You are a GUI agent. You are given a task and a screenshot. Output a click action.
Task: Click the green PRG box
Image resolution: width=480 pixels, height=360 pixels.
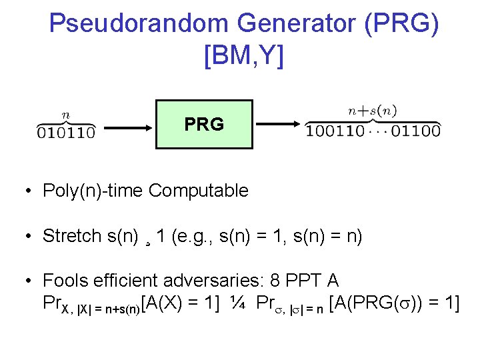204,124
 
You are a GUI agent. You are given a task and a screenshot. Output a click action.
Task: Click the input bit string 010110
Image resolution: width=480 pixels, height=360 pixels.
65,132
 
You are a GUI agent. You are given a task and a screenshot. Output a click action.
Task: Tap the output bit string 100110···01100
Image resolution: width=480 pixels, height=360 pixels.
373,131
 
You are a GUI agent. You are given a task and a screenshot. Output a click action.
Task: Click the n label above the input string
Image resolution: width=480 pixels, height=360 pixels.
65,114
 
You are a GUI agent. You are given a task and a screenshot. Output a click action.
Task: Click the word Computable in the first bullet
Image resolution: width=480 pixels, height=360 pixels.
199,191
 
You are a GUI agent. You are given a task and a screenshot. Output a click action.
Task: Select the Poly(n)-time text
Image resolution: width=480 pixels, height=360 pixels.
93,191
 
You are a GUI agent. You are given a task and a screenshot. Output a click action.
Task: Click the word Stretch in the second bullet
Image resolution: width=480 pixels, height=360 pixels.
72,236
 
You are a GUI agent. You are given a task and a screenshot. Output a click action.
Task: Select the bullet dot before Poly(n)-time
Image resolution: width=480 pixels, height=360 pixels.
30,192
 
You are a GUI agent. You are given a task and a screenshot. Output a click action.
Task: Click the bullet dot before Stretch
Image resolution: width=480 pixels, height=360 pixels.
30,237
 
